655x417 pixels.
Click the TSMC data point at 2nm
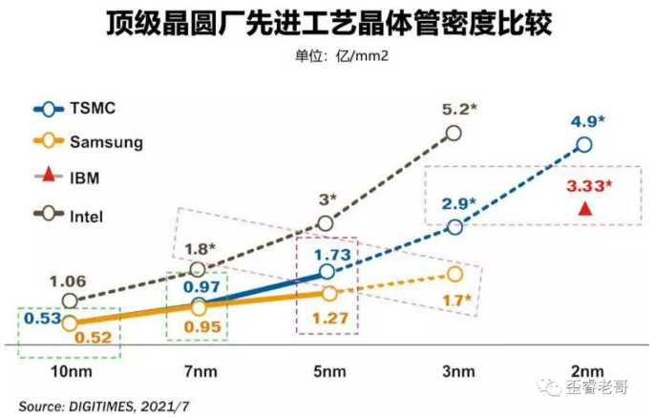584,145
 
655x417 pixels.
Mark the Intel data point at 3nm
454,133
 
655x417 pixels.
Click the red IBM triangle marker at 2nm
584,208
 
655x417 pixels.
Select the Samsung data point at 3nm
454,275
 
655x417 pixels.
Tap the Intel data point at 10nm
69,300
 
